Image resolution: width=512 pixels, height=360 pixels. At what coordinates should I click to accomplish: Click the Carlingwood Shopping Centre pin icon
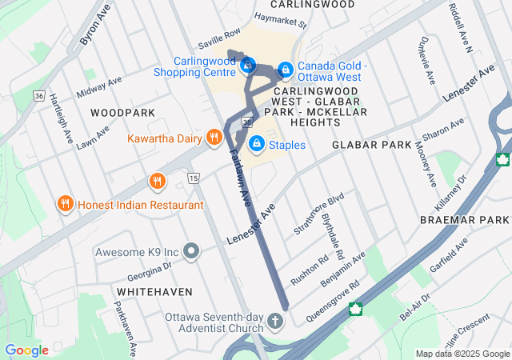pos(248,62)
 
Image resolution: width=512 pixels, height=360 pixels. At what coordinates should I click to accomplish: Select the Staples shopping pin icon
pos(257,144)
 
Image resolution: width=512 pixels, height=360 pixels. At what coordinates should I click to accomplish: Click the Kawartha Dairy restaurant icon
pos(214,138)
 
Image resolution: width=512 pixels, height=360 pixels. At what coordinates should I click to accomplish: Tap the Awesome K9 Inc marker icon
pos(190,252)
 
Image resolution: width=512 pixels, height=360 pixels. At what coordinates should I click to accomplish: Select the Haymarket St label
pos(281,21)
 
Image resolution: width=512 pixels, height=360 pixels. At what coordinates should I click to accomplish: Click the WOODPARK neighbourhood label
pos(116,113)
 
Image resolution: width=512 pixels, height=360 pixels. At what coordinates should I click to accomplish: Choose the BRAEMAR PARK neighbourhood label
pos(464,219)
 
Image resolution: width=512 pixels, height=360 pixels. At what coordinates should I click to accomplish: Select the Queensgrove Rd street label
pos(333,300)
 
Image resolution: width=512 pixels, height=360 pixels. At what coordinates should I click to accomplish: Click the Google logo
pos(26,350)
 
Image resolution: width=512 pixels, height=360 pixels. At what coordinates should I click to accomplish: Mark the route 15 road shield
pos(193,177)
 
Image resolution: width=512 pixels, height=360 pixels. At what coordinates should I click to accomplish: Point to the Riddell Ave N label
pos(462,28)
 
